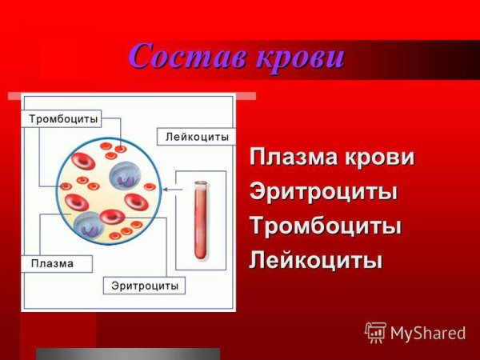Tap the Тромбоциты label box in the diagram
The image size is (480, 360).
click(x=64, y=119)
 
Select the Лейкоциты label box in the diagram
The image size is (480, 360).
click(x=197, y=137)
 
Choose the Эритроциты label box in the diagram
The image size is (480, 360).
click(x=145, y=285)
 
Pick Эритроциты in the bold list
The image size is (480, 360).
click(x=324, y=192)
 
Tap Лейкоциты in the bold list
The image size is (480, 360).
click(x=316, y=261)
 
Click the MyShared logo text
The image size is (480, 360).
click(x=427, y=332)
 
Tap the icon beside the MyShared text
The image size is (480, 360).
click(x=375, y=331)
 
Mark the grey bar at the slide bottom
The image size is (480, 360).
click(x=127, y=354)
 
